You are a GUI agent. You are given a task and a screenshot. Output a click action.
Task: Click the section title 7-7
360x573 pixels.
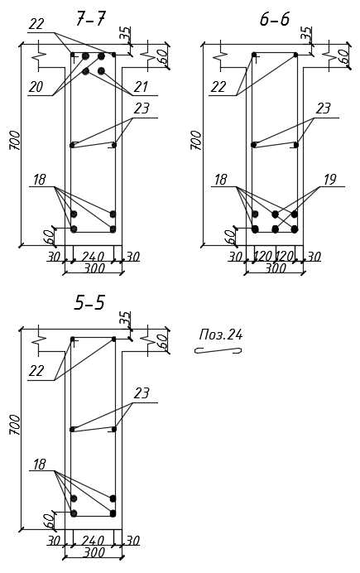[90, 19]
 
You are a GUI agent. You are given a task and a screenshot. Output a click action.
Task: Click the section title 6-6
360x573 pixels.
[274, 19]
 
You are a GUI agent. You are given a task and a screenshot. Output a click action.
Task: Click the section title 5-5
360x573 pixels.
[89, 303]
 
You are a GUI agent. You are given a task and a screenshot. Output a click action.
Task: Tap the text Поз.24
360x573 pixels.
[221, 335]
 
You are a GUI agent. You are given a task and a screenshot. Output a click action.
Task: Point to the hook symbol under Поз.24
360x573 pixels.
[218, 350]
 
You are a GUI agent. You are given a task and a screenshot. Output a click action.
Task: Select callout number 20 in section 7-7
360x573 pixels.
[36, 87]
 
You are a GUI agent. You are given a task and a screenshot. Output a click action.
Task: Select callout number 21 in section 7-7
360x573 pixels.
[141, 87]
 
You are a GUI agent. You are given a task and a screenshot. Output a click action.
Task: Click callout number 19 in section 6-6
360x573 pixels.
[329, 180]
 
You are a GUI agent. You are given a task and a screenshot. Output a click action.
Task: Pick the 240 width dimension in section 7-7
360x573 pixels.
[93, 257]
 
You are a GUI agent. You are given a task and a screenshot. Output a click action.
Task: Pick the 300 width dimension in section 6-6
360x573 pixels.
[276, 268]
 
